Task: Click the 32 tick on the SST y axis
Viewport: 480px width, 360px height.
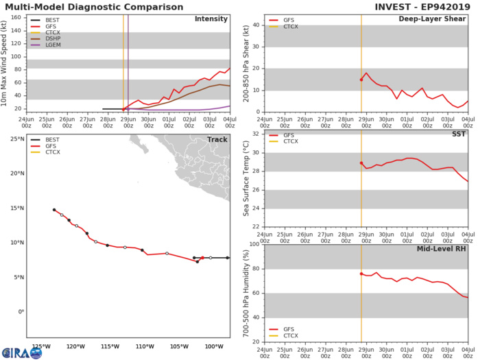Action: [255, 134]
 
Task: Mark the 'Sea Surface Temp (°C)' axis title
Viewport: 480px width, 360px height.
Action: [245, 180]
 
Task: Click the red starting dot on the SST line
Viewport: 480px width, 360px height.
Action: [361, 163]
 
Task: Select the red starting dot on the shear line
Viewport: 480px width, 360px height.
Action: [361, 80]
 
